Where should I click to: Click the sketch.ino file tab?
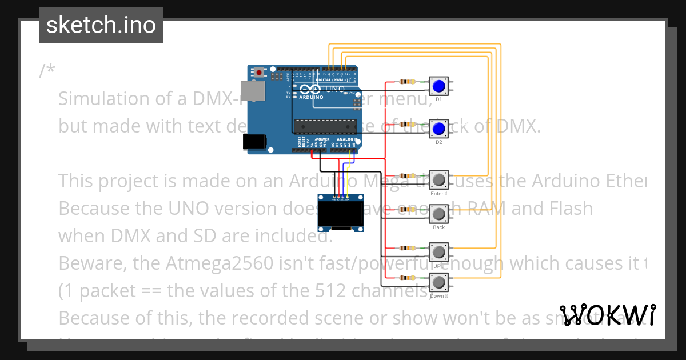tap(101, 25)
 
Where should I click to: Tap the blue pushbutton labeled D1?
tap(439, 86)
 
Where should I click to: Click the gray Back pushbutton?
tap(439, 214)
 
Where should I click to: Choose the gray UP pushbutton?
tap(439, 252)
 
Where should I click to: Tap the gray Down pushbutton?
tap(439, 282)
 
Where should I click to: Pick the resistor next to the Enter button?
tap(408, 175)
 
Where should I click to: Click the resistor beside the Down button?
tap(408, 278)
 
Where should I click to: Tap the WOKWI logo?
tap(607, 315)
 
